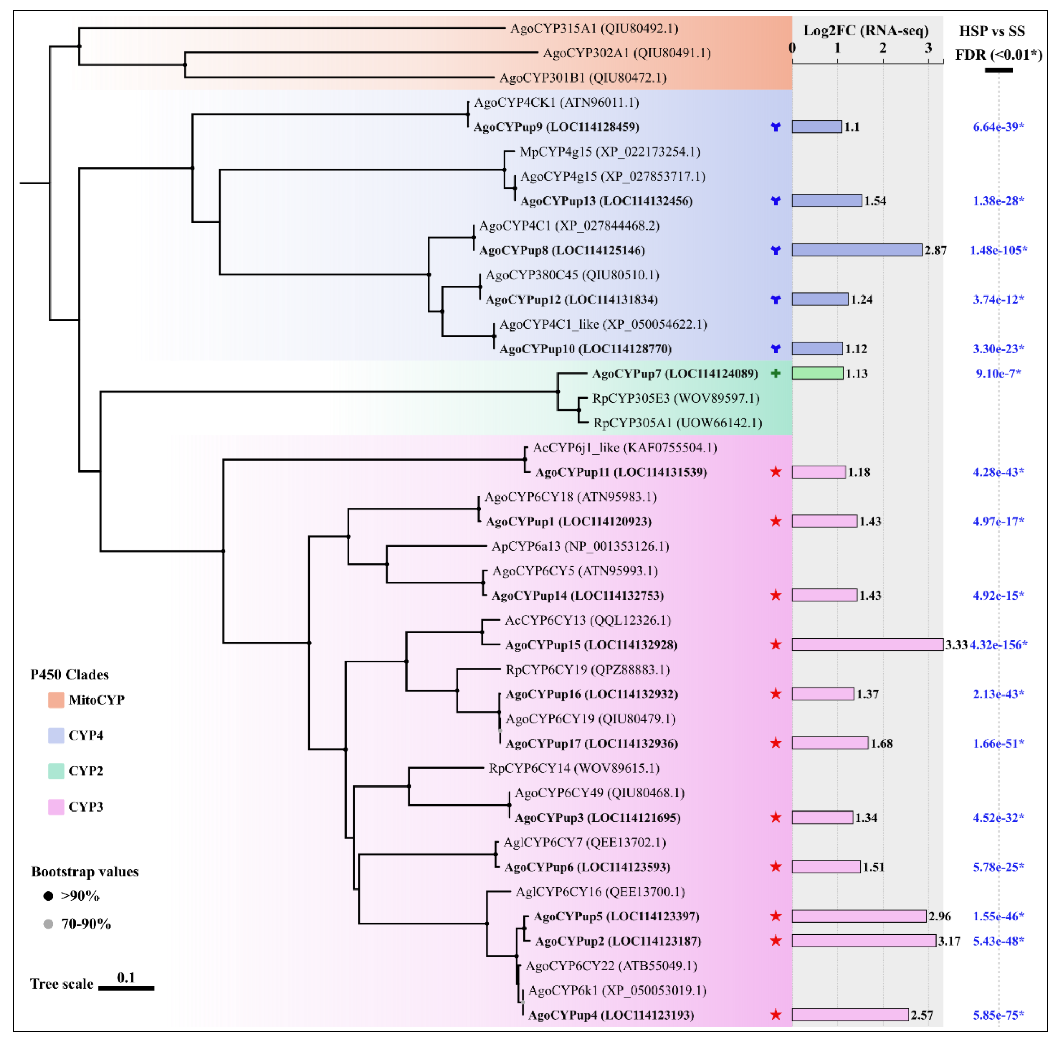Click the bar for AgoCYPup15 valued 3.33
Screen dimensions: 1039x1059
pos(867,644)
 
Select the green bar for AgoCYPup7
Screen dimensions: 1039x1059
pos(817,373)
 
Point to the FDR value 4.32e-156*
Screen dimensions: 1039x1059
pos(998,644)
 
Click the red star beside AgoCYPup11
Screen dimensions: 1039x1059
pos(775,472)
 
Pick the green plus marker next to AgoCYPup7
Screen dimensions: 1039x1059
pos(775,373)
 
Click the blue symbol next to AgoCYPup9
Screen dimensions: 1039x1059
pos(775,127)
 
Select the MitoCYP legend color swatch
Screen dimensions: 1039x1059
pos(56,700)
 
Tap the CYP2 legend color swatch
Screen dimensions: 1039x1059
pos(56,771)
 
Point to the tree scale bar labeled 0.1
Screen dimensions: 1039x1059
pos(126,988)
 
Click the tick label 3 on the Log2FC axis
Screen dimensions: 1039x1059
pos(928,48)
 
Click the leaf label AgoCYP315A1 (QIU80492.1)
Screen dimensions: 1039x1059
pos(594,28)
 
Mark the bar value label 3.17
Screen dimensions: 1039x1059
pos(949,941)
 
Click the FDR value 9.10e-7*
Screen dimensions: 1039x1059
pos(998,373)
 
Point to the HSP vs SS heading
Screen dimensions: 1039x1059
pos(992,31)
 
